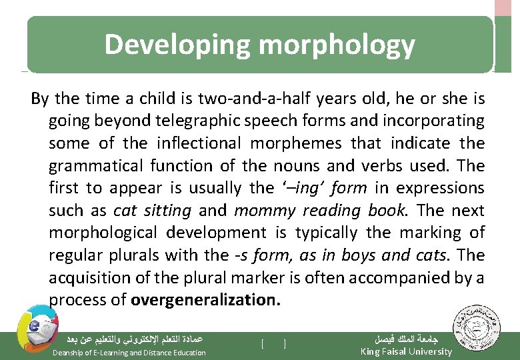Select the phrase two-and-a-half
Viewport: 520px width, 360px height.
pos(248,99)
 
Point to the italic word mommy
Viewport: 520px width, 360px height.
pos(265,210)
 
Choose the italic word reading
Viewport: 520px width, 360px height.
pos(329,210)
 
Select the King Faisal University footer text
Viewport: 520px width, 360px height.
pos(405,351)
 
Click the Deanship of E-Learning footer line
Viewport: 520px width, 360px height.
pos(129,352)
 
